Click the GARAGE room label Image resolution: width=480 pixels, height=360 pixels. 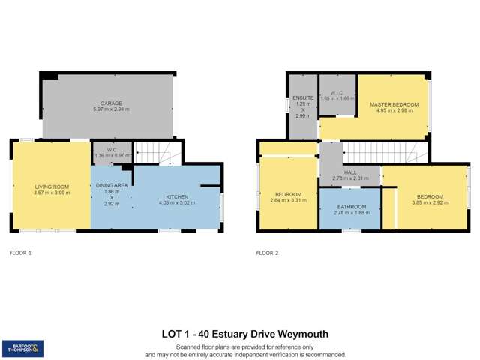111,103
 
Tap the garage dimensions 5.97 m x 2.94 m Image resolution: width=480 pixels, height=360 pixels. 111,109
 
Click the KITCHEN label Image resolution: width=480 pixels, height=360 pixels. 177,196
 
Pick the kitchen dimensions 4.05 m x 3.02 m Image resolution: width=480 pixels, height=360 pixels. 177,202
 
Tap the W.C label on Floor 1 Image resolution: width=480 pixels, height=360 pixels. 111,149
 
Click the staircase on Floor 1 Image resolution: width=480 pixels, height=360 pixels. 157,153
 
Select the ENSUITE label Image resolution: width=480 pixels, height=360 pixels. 303,98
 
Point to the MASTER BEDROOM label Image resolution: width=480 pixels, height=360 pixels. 394,103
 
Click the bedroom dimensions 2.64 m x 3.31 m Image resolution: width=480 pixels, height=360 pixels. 289,201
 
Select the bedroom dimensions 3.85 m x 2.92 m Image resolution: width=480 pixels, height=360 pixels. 430,202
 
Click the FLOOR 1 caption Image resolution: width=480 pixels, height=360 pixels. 20,253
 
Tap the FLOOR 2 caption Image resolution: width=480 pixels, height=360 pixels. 267,253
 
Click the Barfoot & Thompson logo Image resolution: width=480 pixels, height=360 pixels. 22,348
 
